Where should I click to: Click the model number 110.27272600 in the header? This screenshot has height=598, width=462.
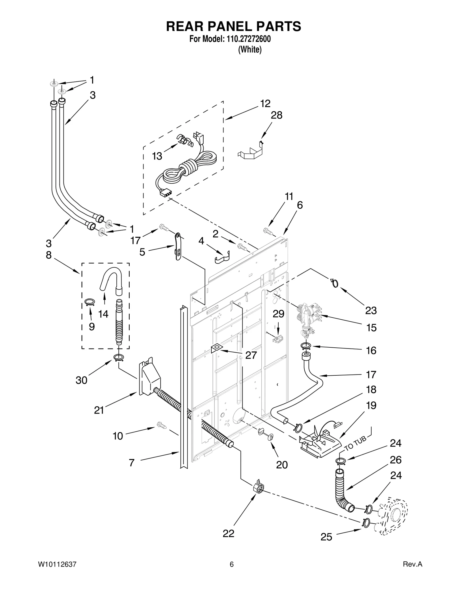click(x=247, y=39)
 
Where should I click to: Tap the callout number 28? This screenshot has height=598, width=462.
click(x=276, y=115)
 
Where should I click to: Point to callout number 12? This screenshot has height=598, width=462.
click(x=265, y=103)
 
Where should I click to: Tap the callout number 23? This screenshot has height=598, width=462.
click(x=371, y=310)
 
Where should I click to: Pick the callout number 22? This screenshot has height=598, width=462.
click(x=228, y=533)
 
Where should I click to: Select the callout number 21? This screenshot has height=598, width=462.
click(x=99, y=410)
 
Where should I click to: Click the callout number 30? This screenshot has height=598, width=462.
click(x=81, y=380)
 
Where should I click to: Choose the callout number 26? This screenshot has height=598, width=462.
click(x=396, y=460)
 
